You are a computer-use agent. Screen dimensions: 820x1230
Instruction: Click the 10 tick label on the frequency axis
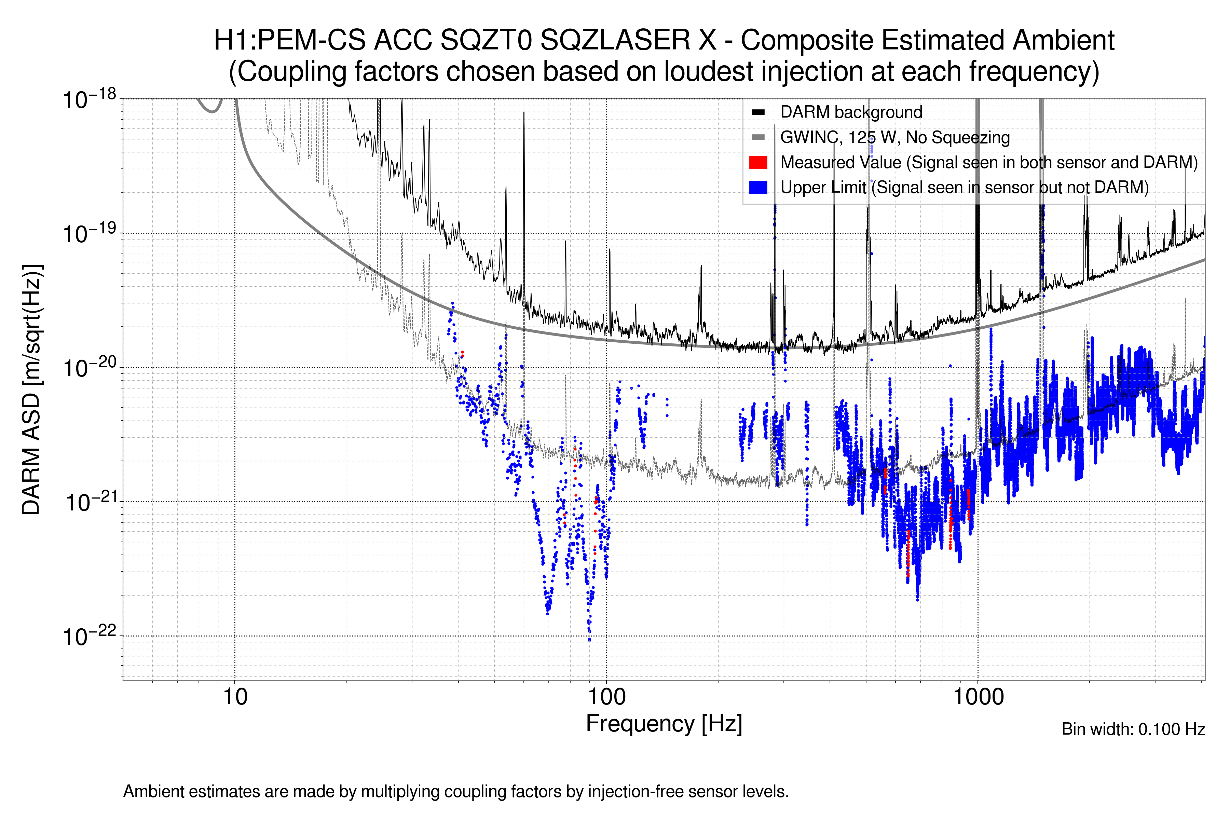235,697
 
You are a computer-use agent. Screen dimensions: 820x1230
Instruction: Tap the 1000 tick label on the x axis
978,697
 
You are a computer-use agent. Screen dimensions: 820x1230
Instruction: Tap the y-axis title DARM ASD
31,389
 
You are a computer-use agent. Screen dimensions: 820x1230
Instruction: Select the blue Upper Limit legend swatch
758,187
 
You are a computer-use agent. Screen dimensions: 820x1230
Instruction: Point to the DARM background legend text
851,112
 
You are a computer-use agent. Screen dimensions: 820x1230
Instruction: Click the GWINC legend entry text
894,138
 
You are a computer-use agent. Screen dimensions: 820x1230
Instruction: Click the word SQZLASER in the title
628,40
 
